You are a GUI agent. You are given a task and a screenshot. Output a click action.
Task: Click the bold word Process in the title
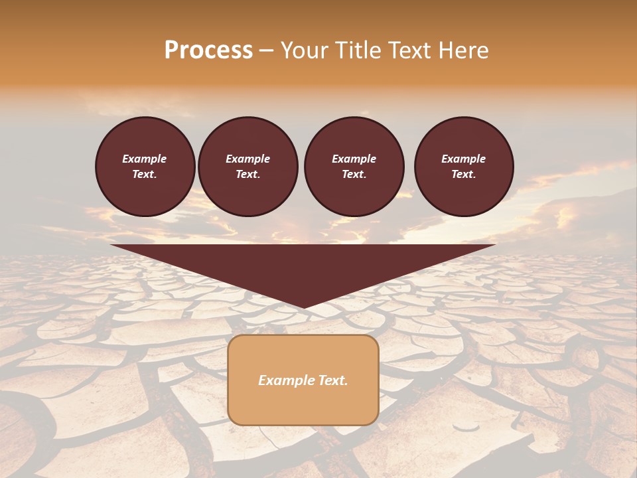pyautogui.click(x=208, y=50)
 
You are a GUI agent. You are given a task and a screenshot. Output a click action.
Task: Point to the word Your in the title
pyautogui.click(x=307, y=50)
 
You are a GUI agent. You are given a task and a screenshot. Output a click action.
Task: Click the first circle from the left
pyautogui.click(x=145, y=167)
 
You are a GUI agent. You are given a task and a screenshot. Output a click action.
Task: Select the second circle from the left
pyautogui.click(x=248, y=167)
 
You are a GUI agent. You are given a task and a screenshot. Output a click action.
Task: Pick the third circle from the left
pyautogui.click(x=354, y=167)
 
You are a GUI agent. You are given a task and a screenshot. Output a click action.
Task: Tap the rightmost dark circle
pyautogui.click(x=464, y=167)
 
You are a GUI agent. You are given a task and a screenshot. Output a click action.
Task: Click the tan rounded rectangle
pyautogui.click(x=303, y=380)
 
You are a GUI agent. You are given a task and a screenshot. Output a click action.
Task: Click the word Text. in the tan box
pyautogui.click(x=332, y=380)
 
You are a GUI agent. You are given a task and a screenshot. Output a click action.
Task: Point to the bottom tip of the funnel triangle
pyautogui.click(x=304, y=308)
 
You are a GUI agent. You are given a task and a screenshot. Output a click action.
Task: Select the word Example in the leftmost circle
pyautogui.click(x=145, y=159)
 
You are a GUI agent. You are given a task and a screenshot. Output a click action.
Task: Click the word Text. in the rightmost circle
pyautogui.click(x=464, y=175)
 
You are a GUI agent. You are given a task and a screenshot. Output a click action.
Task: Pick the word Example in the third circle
pyautogui.click(x=354, y=159)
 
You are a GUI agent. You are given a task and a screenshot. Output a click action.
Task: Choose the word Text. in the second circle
pyautogui.click(x=248, y=175)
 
